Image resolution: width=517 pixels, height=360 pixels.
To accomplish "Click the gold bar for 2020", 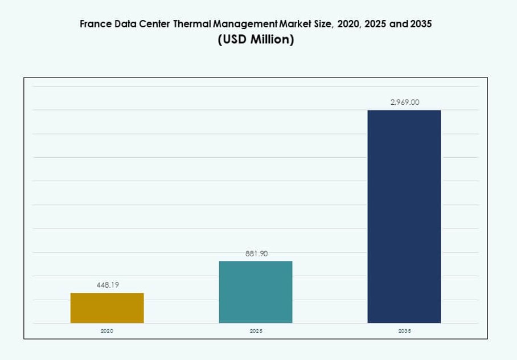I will [107, 308].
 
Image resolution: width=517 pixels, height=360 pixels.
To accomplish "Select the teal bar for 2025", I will [256, 292].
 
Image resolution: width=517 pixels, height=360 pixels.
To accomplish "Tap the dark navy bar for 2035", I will [404, 216].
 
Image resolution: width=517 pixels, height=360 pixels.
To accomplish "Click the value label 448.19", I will [107, 285].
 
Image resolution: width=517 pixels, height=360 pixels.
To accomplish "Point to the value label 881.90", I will [256, 253].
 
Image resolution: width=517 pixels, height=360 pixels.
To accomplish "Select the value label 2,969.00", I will [404, 103].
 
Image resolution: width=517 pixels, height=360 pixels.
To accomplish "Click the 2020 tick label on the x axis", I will [107, 331].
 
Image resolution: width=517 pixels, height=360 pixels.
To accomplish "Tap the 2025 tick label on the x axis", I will [256, 331].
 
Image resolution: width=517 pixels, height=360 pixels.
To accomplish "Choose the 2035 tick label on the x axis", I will [404, 331].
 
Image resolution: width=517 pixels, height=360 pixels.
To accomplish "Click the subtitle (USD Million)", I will [256, 40].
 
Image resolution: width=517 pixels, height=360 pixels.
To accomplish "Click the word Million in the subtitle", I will [271, 40].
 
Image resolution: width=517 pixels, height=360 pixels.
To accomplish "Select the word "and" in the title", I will [397, 24].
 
